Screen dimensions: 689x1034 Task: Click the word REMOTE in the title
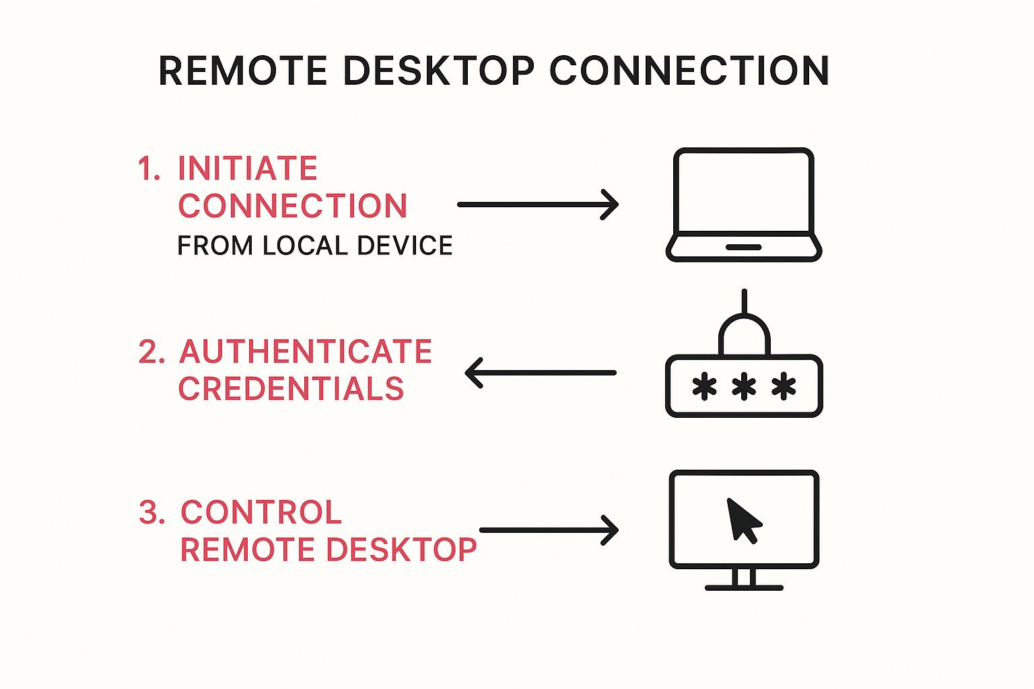[x=242, y=71]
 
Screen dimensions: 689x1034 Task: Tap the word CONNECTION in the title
[x=689, y=71]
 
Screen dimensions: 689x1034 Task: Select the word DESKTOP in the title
[x=438, y=71]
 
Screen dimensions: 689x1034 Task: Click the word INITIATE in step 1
[x=247, y=168]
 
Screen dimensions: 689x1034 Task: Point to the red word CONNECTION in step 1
[x=293, y=206]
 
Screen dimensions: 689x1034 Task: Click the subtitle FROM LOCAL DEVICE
[x=314, y=246]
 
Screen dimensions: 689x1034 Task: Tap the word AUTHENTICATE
[x=306, y=351]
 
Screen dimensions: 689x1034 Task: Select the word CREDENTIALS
[x=291, y=389]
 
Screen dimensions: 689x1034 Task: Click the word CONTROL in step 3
[x=261, y=513]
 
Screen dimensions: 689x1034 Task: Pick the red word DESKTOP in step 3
[x=402, y=550]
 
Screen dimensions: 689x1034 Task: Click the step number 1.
[x=147, y=168]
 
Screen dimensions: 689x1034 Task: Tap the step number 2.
[x=151, y=352]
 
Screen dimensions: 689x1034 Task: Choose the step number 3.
[x=151, y=513]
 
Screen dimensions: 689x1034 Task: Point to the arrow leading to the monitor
[x=549, y=530]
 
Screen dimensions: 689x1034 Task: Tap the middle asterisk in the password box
[x=744, y=387]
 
